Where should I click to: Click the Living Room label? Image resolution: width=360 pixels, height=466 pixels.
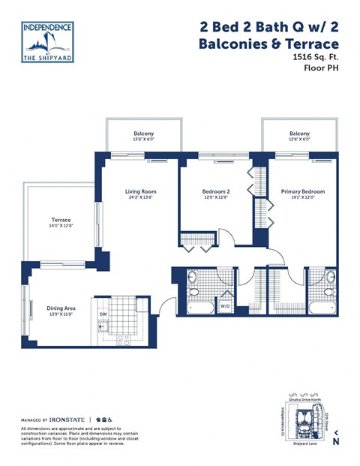(x=140, y=191)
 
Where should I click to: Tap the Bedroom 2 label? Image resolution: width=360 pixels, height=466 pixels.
(x=216, y=191)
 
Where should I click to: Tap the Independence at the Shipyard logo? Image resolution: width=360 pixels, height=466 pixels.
(x=48, y=41)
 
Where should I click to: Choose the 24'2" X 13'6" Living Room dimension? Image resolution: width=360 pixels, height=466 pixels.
(x=140, y=198)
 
